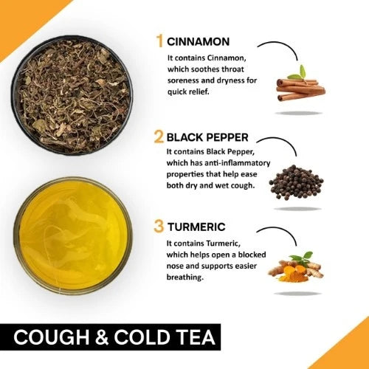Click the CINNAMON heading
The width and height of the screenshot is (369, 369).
pyautogui.click(x=198, y=41)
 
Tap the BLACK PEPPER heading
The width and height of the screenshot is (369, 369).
pyautogui.click(x=207, y=137)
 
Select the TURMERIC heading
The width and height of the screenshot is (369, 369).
pyautogui.click(x=196, y=227)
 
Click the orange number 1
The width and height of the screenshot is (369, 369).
pyautogui.click(x=160, y=41)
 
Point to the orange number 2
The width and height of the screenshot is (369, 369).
pyautogui.click(x=159, y=137)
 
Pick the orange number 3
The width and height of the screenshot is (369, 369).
pyautogui.click(x=159, y=227)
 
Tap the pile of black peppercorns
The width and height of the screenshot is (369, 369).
pyautogui.click(x=296, y=182)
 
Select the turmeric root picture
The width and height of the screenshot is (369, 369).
pyautogui.click(x=296, y=267)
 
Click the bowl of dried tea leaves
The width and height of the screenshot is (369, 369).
pyautogui.click(x=72, y=95)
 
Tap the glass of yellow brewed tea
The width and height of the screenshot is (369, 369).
pyautogui.click(x=73, y=235)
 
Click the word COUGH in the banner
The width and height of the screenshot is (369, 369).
pyautogui.click(x=52, y=337)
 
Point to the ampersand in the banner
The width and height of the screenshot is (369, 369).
pyautogui.click(x=102, y=337)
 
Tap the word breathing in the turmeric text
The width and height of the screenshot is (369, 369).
pyautogui.click(x=185, y=277)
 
